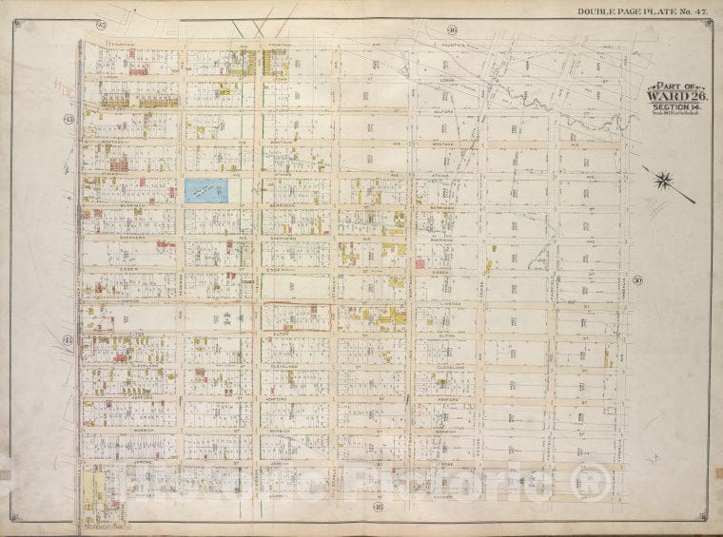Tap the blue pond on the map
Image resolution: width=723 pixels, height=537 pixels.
pyautogui.click(x=208, y=190)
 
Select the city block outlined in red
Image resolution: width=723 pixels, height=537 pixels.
pyautogui.click(x=296, y=316)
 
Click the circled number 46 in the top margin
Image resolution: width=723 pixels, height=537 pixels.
pyautogui.click(x=451, y=31)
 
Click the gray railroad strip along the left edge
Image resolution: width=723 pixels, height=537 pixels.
pyautogui.click(x=76, y=285)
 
